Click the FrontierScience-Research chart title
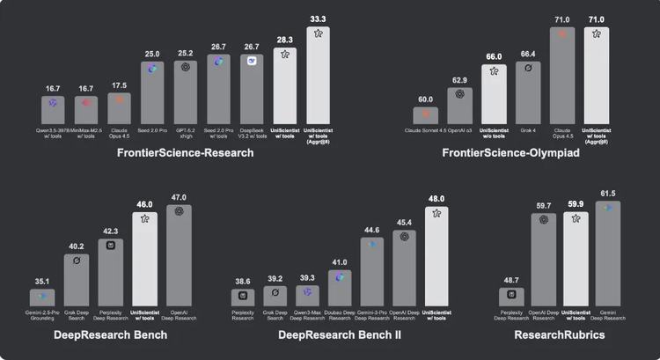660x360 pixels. pyautogui.click(x=186, y=153)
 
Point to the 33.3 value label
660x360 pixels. pyautogui.click(x=319, y=18)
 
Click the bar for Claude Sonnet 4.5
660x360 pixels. pyautogui.click(x=427, y=115)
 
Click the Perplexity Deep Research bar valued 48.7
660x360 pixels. pyautogui.click(x=510, y=298)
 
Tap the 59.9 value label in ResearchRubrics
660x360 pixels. pyautogui.click(x=576, y=203)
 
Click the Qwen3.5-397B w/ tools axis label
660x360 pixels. pyautogui.click(x=52, y=133)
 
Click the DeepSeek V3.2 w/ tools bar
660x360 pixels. pyautogui.click(x=252, y=89)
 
